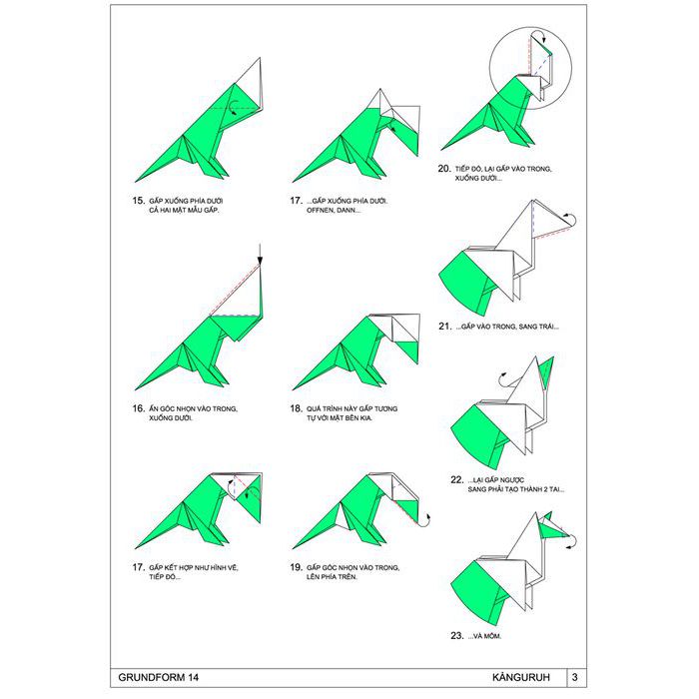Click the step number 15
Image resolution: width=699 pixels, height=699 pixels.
(138, 201)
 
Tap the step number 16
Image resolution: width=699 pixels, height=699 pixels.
(138, 408)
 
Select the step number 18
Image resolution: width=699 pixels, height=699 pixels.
(296, 408)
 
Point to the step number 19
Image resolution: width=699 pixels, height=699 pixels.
(296, 567)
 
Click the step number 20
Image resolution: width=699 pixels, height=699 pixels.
(444, 169)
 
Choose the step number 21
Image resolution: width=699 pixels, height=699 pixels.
(445, 327)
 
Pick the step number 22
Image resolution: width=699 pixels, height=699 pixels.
(457, 479)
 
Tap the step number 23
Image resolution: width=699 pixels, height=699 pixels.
(457, 636)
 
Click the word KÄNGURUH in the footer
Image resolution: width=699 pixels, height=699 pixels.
(521, 677)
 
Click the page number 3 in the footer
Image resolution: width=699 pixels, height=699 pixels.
(574, 678)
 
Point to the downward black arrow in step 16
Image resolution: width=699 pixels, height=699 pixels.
(260, 256)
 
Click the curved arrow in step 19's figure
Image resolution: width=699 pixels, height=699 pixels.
(428, 520)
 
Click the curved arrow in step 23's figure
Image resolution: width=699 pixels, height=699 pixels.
(574, 540)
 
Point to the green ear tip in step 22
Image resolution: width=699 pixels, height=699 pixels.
(553, 357)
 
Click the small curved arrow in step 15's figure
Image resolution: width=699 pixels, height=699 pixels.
(232, 107)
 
